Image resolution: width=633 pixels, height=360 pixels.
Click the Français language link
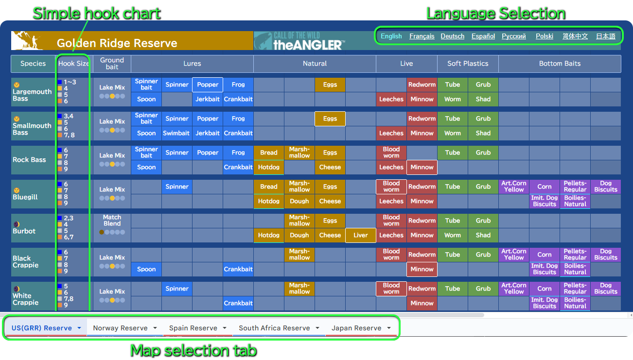[x=422, y=36]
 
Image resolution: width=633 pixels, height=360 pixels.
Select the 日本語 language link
[x=606, y=36]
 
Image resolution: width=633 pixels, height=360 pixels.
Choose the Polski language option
[x=544, y=36]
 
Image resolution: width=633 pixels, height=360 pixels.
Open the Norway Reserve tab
[x=124, y=328]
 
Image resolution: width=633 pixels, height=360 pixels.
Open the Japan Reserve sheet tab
[x=361, y=328]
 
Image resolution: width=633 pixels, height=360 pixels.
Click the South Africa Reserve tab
[x=279, y=328]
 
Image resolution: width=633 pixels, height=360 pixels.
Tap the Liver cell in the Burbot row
[x=361, y=235]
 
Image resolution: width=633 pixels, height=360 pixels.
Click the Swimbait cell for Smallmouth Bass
[x=176, y=133]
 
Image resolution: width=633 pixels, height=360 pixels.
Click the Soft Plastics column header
[x=468, y=64]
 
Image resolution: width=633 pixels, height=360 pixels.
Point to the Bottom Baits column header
[x=560, y=64]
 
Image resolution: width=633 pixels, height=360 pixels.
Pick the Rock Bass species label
[x=29, y=160]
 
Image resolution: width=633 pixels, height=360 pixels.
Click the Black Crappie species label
[x=25, y=261]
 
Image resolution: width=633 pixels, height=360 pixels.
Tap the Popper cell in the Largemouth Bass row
[x=208, y=85]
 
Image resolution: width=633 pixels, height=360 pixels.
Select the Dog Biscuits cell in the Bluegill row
[x=606, y=187]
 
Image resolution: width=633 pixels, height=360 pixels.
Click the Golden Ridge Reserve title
[x=117, y=43]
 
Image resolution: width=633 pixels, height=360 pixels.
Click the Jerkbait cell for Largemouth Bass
[x=208, y=99]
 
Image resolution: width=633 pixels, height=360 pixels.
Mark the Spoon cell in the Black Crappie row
[x=146, y=269]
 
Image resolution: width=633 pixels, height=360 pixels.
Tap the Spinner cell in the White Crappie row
[x=177, y=289]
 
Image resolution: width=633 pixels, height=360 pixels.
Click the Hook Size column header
[x=73, y=64]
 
